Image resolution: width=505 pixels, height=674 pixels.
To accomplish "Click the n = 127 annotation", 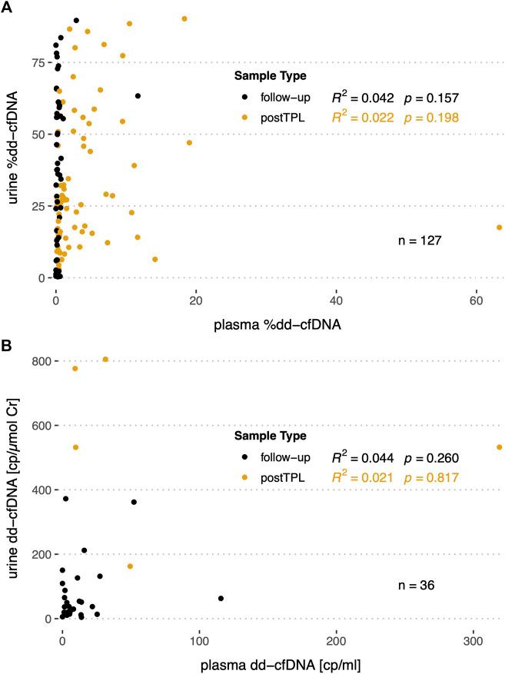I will pos(420,241).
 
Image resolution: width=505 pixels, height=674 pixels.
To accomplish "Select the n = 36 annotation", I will pos(417,586).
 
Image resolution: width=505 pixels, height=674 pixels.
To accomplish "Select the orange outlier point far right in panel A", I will pos(499,227).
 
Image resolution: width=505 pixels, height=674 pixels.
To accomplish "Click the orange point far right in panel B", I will pos(499,447).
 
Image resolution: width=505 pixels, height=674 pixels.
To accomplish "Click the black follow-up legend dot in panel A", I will pos(244,98).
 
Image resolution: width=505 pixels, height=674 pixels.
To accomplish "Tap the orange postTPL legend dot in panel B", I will pos(244,478).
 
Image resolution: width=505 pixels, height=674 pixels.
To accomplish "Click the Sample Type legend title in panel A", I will pos(271,76).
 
